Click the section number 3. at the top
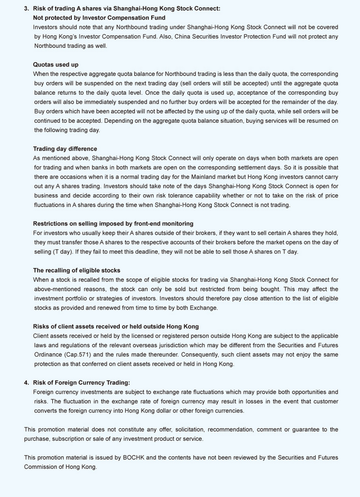coord(27,8)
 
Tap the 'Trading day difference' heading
coord(65,148)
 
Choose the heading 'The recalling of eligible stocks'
coord(76,270)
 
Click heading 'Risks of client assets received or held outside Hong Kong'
coord(116,326)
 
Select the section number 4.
coord(27,382)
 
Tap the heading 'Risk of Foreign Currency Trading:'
coord(81,382)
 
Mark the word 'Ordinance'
coord(48,354)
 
